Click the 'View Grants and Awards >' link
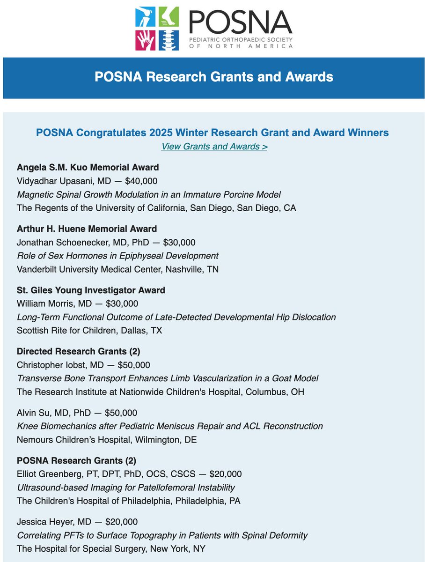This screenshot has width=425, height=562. coord(214,147)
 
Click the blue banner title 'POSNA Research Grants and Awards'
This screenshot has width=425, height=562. coord(213,77)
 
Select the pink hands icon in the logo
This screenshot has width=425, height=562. coord(146,40)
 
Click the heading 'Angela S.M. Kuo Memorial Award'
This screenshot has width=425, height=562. coord(88,167)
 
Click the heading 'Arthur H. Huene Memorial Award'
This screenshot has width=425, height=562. coord(87,229)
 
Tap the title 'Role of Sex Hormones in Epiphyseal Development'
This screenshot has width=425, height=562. coord(117,256)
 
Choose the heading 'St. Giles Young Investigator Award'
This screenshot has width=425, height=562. coord(91,290)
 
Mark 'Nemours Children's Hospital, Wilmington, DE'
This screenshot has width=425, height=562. coord(107,440)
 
